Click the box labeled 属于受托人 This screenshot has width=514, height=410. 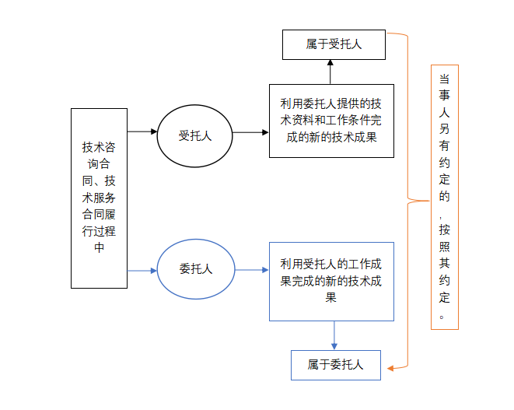(334, 45)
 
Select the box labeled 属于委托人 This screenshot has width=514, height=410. (335, 364)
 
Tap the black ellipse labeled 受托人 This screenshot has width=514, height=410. (195, 135)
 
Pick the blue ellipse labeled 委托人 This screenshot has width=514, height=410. (195, 269)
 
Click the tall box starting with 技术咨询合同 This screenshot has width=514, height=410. (99, 198)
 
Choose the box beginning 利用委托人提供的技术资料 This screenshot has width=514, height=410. (331, 121)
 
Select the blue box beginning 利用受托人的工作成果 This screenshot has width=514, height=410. (331, 281)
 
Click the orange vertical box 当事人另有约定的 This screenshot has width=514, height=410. (444, 197)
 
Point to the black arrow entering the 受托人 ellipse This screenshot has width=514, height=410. (142, 131)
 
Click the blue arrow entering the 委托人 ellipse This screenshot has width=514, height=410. (142, 270)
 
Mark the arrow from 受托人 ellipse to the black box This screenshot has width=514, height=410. (250, 132)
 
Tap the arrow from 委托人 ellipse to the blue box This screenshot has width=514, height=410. (252, 270)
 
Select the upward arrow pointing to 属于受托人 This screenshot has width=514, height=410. (330, 72)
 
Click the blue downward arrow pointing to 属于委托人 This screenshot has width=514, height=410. (334, 335)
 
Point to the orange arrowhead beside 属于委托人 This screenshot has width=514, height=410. (392, 366)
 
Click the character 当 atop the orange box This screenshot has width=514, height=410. (444, 79)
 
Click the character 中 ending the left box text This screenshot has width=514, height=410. (99, 247)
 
